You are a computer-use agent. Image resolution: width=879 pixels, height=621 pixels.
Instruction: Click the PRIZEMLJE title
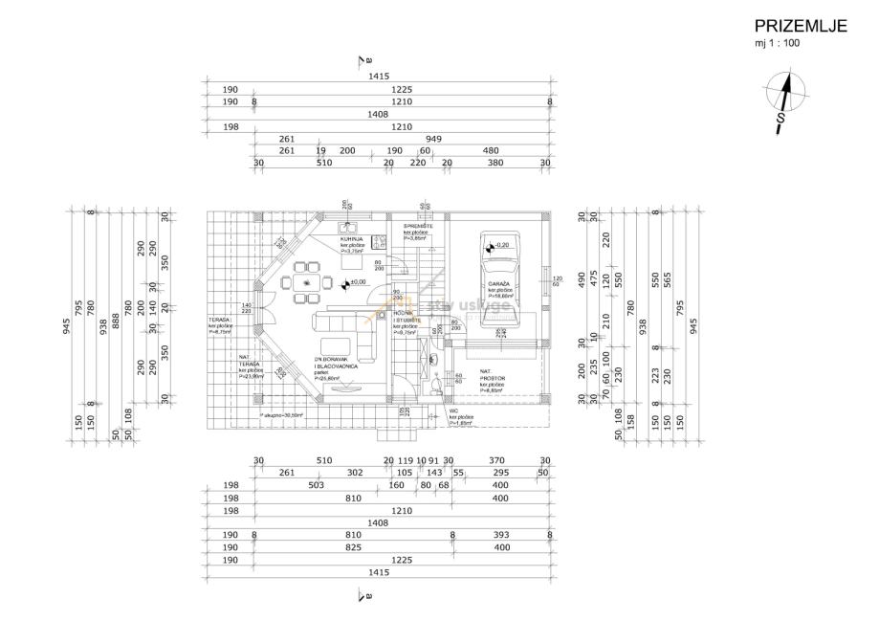pos(801,27)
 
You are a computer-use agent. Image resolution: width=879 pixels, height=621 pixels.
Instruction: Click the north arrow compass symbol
pos(785,100)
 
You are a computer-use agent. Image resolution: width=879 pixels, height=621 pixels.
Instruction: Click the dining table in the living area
pos(306,282)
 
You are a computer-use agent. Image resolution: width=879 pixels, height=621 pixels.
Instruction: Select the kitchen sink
pos(348,226)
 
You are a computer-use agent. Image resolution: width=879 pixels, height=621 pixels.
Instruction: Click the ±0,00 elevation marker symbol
pos(345,282)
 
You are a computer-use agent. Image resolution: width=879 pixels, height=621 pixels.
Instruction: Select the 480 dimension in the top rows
pos(491,151)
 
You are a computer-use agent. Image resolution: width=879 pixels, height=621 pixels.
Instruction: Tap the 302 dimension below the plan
pos(328,473)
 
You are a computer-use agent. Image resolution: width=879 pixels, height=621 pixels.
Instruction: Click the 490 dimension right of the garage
pos(581,278)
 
